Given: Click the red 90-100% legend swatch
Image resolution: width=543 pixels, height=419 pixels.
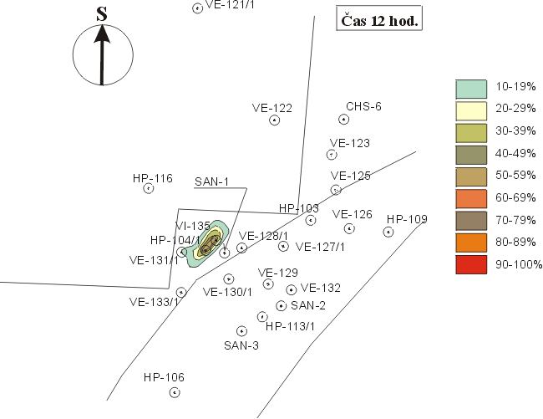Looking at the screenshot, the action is [x=471, y=265].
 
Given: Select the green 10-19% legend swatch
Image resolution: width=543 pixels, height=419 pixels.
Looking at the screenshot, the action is [x=471, y=89].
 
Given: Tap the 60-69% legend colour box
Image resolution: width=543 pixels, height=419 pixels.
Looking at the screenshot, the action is [x=471, y=198].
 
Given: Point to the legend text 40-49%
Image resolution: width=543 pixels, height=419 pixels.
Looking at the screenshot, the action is [x=515, y=153].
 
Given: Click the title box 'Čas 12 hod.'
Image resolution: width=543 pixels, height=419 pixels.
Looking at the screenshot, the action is [x=379, y=18].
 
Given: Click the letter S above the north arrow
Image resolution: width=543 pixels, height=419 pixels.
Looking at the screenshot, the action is [x=102, y=14].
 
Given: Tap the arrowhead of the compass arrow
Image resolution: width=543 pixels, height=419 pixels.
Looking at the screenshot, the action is [x=102, y=34].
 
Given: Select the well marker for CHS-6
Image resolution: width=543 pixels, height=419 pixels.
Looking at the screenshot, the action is [x=343, y=120].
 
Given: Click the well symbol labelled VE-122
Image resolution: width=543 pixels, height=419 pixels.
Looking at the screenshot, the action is [x=274, y=120].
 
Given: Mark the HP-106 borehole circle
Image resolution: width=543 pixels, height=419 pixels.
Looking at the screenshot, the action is [x=175, y=393].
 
